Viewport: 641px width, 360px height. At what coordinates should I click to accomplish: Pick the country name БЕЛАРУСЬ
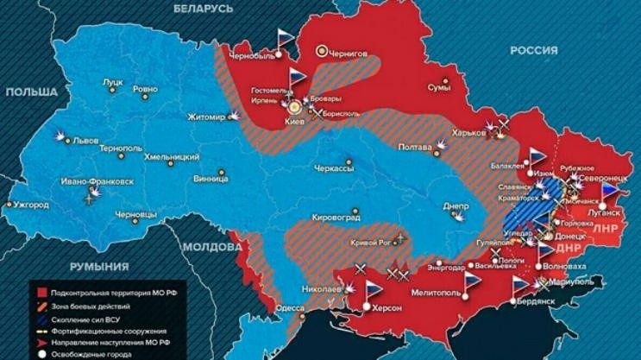pyautogui.click(x=203, y=8)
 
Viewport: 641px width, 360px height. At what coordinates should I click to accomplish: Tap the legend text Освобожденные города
pyautogui.click(x=89, y=352)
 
